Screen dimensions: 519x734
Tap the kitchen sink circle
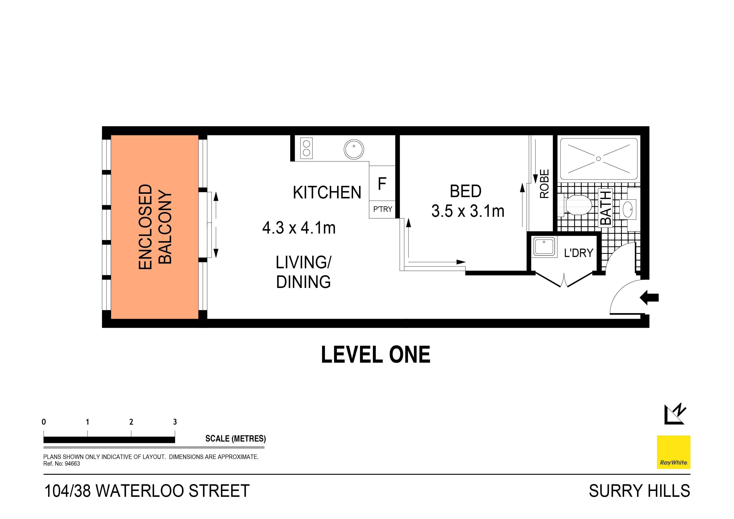354,149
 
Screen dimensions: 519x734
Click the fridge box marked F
382,183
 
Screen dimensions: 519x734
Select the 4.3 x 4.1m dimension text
299,228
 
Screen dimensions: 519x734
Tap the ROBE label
544,184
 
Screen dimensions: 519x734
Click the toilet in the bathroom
576,205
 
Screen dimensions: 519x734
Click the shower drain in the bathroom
598,159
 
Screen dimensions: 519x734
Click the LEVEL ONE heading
375,355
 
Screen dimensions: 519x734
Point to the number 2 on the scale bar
131,422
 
